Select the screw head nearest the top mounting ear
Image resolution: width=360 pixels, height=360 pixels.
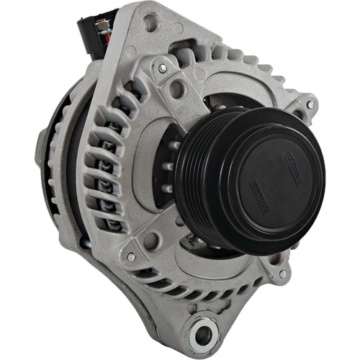click(163, 68)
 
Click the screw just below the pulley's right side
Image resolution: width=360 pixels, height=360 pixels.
click(282, 274)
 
